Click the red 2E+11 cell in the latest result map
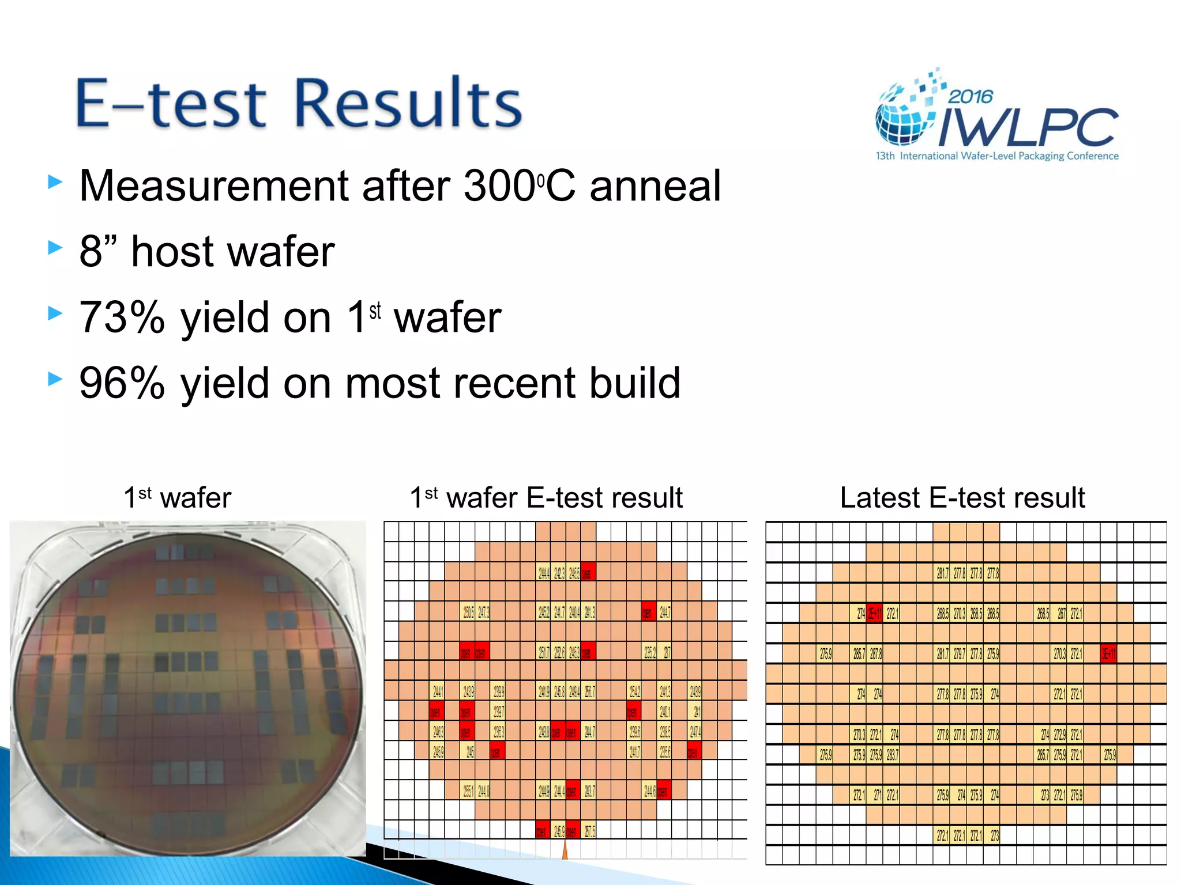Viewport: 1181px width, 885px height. [875, 614]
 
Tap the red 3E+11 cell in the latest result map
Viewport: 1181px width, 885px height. [1108, 654]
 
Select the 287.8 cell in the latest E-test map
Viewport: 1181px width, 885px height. [876, 654]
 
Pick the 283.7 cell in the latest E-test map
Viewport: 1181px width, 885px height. [892, 755]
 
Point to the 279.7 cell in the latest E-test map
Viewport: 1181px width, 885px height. [959, 654]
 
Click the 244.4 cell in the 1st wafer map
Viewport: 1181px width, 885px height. [544, 573]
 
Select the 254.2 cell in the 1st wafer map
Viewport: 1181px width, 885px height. [634, 691]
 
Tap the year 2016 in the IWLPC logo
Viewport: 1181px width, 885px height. [971, 96]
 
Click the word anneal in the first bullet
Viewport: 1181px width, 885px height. [655, 186]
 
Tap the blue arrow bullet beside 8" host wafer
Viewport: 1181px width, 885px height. [55, 248]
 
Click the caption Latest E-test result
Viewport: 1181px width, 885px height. [962, 497]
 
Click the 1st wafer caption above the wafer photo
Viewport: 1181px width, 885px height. [178, 497]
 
